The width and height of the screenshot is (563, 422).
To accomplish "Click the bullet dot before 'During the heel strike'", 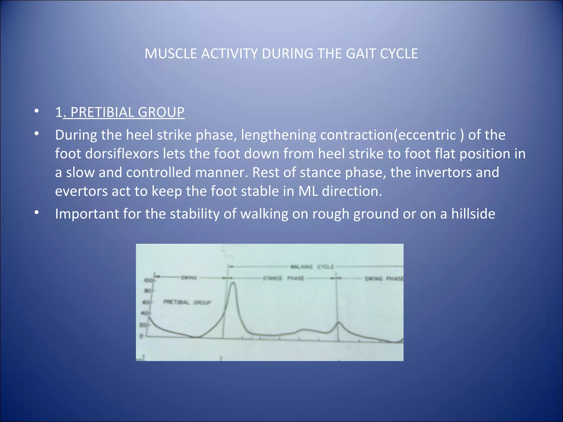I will pyautogui.click(x=37, y=134).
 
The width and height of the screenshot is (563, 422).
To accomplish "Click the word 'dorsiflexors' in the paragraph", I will pyautogui.click(x=122, y=153).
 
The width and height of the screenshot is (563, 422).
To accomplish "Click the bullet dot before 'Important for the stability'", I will pyautogui.click(x=37, y=213).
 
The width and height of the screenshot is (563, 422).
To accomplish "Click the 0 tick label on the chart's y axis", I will pyautogui.click(x=141, y=336).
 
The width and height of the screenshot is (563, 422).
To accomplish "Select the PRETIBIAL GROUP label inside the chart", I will pyautogui.click(x=187, y=302).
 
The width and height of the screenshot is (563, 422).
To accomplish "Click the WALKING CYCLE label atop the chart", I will pyautogui.click(x=312, y=266).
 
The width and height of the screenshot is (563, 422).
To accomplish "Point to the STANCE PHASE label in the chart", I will pyautogui.click(x=283, y=278).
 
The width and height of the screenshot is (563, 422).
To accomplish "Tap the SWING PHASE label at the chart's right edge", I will pyautogui.click(x=383, y=279).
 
